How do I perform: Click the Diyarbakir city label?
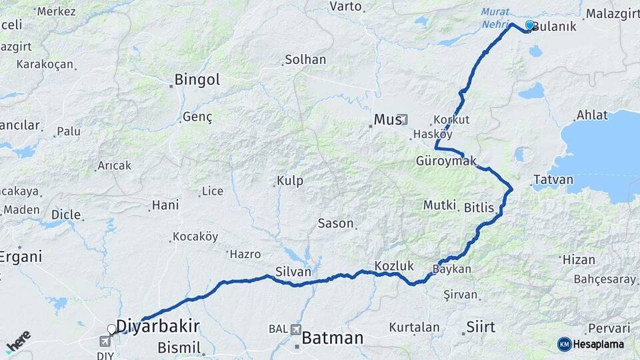[158, 325]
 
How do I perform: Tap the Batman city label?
[333, 338]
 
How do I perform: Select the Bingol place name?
[197, 80]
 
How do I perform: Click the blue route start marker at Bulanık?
[530, 25]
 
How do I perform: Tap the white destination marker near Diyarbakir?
[112, 329]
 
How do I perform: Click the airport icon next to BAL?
[295, 329]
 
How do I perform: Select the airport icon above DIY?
[105, 341]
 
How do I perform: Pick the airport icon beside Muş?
[403, 119]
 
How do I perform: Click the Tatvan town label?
[553, 180]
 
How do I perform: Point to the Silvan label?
[293, 271]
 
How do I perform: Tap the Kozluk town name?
[390, 265]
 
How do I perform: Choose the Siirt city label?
[481, 327]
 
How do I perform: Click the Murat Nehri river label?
[495, 17]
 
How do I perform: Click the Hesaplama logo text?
[600, 344]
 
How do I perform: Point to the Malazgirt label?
[611, 13]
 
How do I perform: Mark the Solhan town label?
[305, 59]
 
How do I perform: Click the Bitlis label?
[479, 208]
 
